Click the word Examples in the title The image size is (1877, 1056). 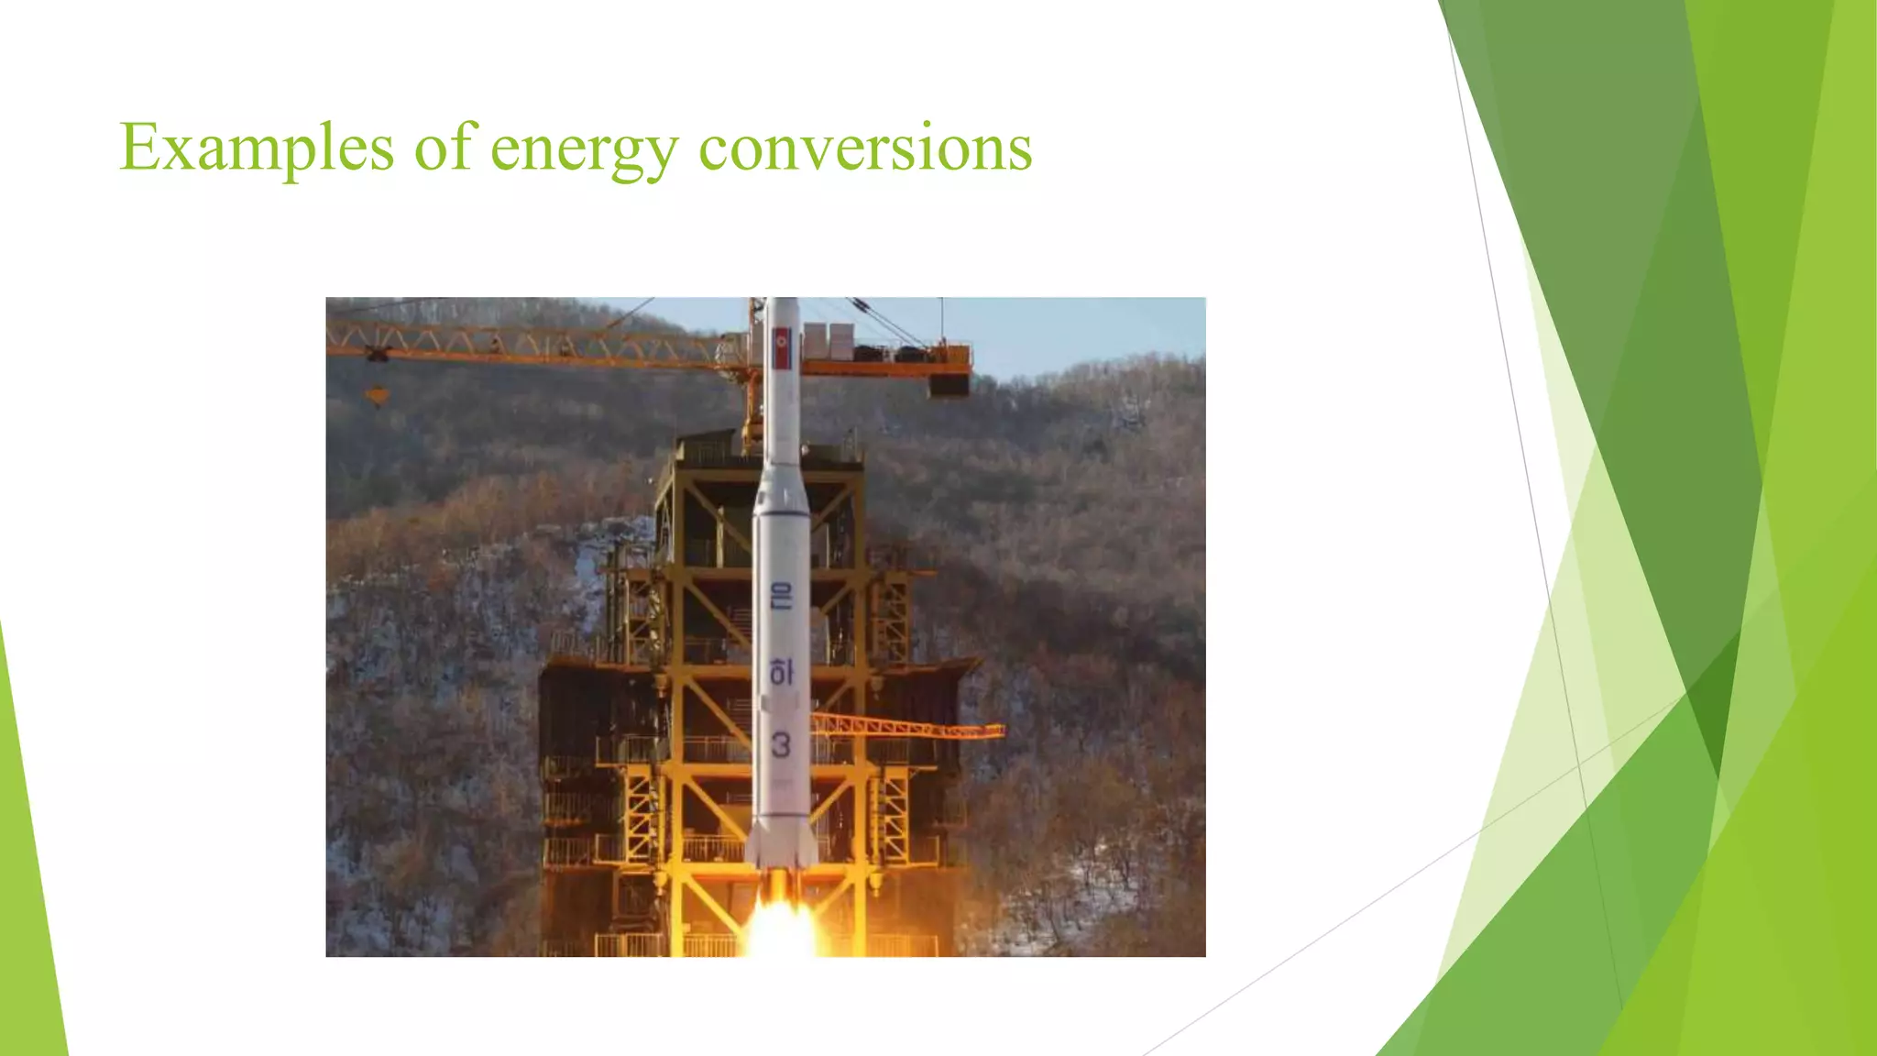(257, 148)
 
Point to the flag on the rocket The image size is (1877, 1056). (782, 349)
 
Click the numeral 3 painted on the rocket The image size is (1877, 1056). (780, 744)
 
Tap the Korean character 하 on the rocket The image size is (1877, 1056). (780, 672)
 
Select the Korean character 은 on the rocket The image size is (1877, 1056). (781, 597)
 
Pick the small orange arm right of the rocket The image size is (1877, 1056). (907, 728)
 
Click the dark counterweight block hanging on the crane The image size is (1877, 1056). (949, 383)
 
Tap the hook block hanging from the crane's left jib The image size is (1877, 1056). (377, 395)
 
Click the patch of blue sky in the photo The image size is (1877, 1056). (1081, 330)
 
